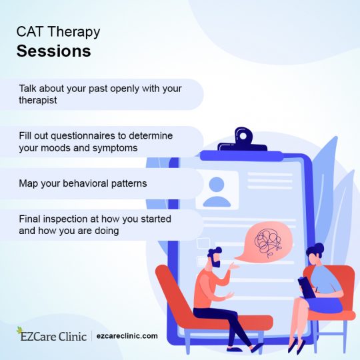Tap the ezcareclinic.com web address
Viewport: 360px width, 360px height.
point(127,336)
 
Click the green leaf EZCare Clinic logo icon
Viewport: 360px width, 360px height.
point(23,335)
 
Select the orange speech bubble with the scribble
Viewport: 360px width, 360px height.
point(266,237)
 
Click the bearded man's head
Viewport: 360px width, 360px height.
point(213,257)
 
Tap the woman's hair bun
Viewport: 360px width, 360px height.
point(318,248)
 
